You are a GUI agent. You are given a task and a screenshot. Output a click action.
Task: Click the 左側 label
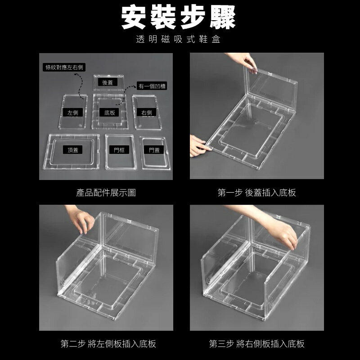(72, 112)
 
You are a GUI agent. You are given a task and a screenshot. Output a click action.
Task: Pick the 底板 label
(110, 112)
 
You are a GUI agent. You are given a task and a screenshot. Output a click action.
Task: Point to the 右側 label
(146, 112)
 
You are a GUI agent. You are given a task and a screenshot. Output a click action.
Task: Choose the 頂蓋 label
(72, 150)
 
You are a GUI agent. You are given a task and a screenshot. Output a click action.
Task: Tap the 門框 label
(119, 150)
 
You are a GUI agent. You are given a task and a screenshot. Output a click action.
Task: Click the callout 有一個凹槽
(152, 86)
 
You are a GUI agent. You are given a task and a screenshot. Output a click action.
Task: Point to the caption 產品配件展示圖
(106, 193)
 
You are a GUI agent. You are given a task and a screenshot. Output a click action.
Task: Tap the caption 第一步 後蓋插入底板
(256, 193)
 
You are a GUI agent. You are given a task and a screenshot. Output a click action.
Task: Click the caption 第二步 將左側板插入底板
(108, 344)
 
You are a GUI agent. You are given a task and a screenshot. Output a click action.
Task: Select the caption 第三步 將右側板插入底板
(256, 344)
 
